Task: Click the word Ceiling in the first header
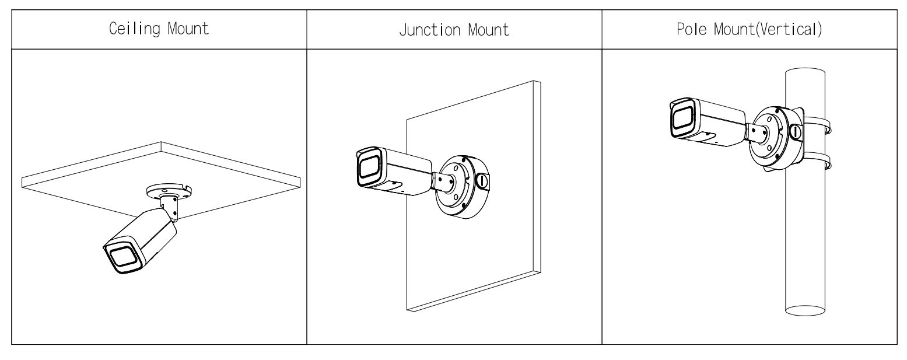tap(134, 29)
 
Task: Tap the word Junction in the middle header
tap(430, 30)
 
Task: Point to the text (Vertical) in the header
tap(789, 29)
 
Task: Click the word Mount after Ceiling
tap(188, 29)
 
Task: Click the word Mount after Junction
tap(489, 30)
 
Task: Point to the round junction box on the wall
tap(461, 187)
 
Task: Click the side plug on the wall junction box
tap(482, 181)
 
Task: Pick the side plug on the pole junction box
tap(796, 132)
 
